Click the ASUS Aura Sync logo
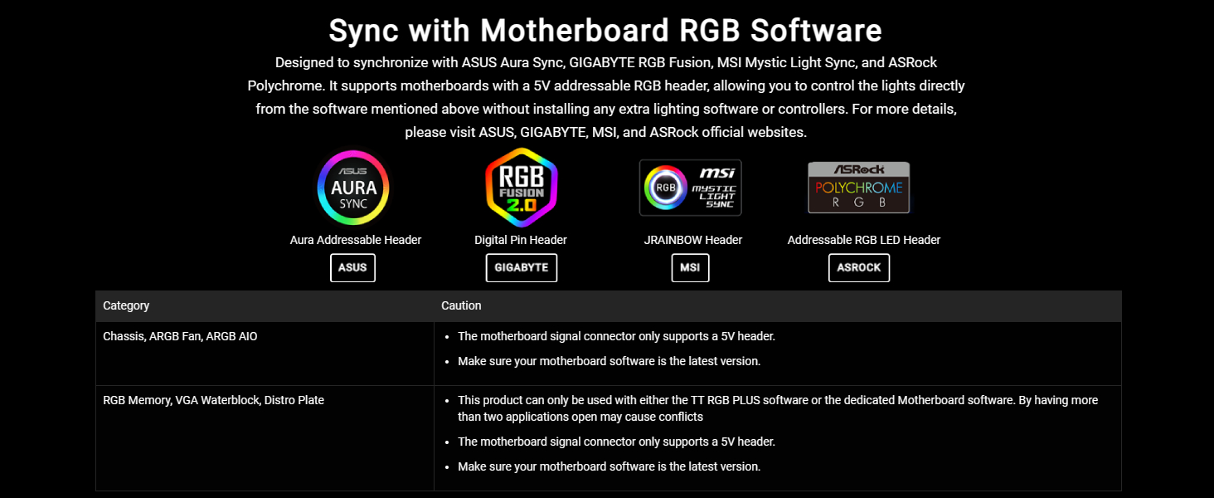352,188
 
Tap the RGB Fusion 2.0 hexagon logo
522,188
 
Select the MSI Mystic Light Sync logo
690,188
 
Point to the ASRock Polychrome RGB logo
858,188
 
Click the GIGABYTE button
522,267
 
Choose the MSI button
690,267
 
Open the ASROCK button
859,267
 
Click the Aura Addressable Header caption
356,240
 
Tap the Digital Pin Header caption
521,240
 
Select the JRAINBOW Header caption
692,240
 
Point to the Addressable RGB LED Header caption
864,240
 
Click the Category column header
126,305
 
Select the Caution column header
461,305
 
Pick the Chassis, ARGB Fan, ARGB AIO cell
181,336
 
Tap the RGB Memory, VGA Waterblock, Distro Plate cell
214,400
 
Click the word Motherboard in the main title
575,31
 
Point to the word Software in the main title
816,31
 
